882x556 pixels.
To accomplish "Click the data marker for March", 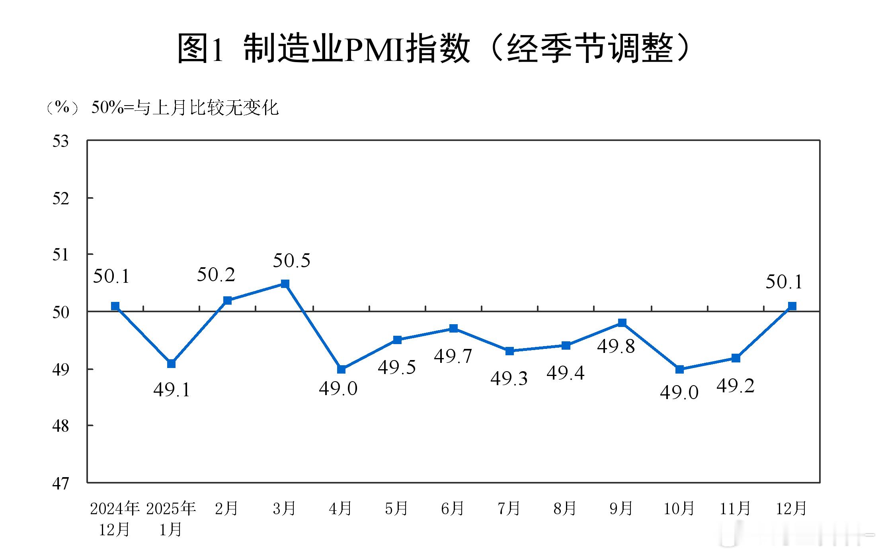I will [285, 284].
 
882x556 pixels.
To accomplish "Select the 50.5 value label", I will [291, 261].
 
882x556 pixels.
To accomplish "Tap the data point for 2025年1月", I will [171, 364].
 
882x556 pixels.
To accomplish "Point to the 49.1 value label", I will [172, 390].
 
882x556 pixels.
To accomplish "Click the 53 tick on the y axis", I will [60, 141].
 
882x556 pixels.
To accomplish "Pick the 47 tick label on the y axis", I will [60, 484].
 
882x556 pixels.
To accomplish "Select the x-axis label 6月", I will [453, 508].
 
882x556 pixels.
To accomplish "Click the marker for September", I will [622, 323].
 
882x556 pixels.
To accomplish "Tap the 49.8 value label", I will [616, 347].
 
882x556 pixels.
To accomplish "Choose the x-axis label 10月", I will [679, 508].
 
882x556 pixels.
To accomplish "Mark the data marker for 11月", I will [736, 358].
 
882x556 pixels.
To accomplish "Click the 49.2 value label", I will [736, 386].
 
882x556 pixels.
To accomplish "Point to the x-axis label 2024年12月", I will [115, 519].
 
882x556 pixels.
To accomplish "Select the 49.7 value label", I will [453, 356].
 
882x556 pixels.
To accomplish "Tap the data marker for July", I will [509, 351].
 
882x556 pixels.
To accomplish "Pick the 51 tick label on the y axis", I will [60, 255].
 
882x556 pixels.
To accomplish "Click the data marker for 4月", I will [341, 369].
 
